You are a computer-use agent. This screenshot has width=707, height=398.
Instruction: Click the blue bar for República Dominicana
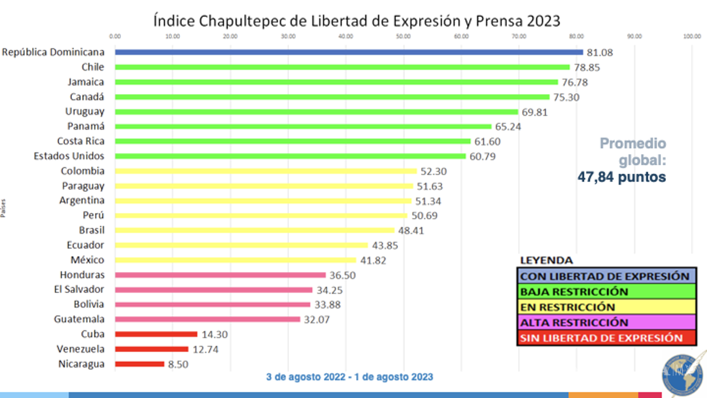pyautogui.click(x=349, y=52)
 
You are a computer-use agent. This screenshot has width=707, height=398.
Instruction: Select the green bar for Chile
pyautogui.click(x=342, y=67)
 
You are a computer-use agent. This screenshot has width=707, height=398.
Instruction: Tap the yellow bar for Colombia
pyautogui.click(x=266, y=171)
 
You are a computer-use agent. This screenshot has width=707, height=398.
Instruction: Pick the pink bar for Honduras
pyautogui.click(x=220, y=275)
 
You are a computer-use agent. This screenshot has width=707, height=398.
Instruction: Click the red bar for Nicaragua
pyautogui.click(x=139, y=364)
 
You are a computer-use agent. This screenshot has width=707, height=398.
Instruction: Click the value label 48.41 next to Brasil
pyautogui.click(x=411, y=230)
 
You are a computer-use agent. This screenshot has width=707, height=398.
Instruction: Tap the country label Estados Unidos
pyautogui.click(x=69, y=156)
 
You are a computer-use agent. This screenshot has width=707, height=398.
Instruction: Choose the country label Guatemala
pyautogui.click(x=79, y=319)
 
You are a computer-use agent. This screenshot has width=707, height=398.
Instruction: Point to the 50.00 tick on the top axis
pyautogui.click(x=403, y=36)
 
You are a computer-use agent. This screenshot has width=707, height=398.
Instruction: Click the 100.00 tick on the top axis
pyautogui.click(x=692, y=36)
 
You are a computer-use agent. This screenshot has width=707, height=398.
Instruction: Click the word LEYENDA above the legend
pyautogui.click(x=546, y=260)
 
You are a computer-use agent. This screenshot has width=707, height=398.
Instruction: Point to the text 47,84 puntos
pyautogui.click(x=621, y=177)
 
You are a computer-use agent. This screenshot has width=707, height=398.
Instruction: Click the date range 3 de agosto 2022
pyautogui.click(x=304, y=377)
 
